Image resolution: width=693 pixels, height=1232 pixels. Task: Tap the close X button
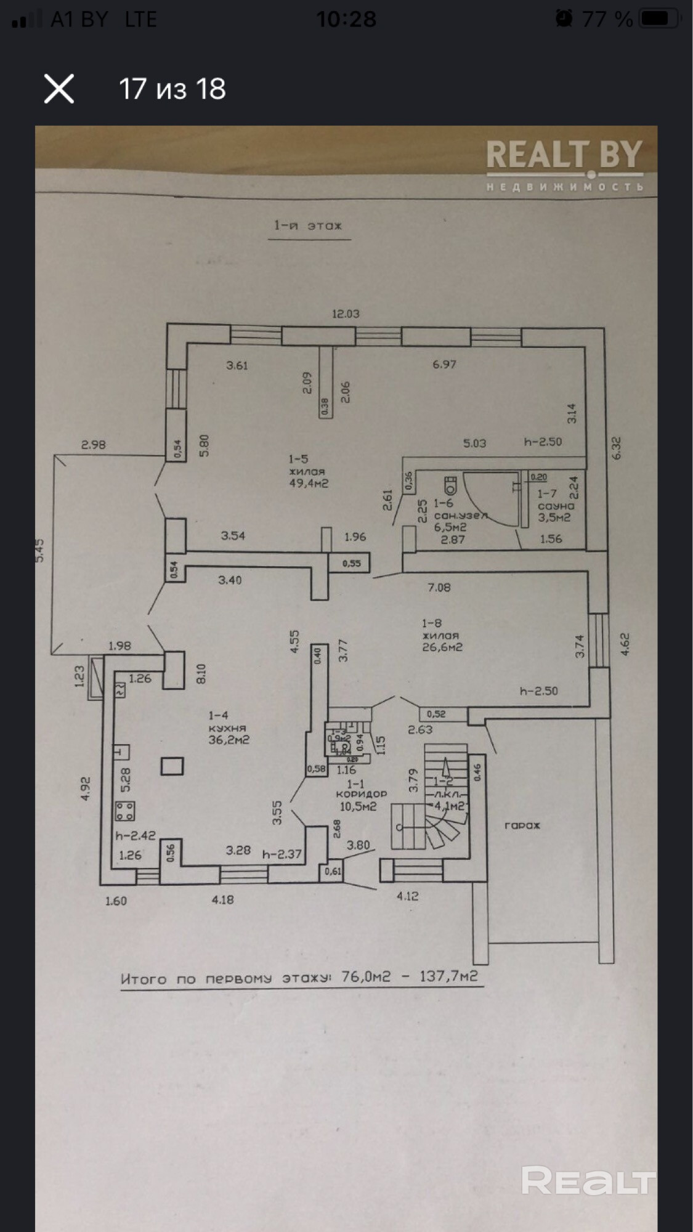tap(59, 89)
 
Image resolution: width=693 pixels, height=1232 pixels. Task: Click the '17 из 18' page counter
tap(172, 89)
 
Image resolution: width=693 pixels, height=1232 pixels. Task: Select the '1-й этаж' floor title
tap(308, 225)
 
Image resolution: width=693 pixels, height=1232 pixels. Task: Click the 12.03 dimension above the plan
tap(346, 314)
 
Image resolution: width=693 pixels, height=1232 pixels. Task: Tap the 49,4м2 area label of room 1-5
tap(309, 483)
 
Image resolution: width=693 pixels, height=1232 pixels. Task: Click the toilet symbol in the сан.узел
tap(451, 484)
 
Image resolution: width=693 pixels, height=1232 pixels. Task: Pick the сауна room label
tap(555, 506)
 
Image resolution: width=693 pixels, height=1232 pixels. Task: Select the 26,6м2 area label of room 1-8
tap(442, 647)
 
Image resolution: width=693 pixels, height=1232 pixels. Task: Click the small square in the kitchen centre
tap(172, 766)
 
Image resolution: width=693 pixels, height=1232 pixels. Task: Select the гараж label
tap(522, 825)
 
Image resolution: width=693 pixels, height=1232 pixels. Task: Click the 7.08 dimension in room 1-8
tap(439, 587)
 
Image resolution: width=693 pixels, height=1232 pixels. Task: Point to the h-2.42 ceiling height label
tap(136, 835)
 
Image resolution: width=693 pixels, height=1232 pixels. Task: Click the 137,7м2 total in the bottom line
tap(448, 976)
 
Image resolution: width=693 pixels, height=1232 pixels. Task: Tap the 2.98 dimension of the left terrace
tap(94, 444)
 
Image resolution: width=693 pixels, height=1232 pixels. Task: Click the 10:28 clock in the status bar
tap(346, 19)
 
